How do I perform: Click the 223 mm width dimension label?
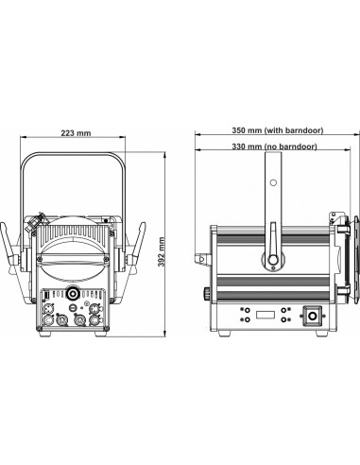[76, 133]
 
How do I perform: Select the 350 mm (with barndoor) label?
[278, 130]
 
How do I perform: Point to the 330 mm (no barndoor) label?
[274, 146]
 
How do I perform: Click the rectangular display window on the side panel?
[266, 315]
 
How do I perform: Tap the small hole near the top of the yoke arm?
[273, 182]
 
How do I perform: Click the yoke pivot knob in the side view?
[272, 260]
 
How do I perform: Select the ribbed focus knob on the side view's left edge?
[207, 293]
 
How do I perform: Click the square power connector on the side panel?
[313, 316]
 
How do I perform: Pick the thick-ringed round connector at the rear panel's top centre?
[73, 294]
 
